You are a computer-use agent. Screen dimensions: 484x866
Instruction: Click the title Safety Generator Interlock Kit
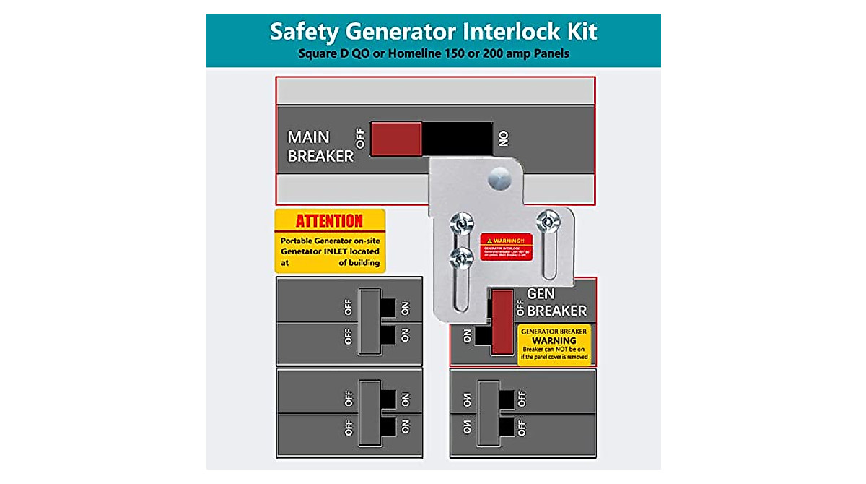point(433,33)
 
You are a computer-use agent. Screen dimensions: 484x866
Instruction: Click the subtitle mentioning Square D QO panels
point(433,54)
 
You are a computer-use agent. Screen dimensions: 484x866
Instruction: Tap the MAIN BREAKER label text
point(320,147)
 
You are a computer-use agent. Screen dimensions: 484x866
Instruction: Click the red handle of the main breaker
point(396,138)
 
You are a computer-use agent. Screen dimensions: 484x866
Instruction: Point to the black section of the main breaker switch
point(457,137)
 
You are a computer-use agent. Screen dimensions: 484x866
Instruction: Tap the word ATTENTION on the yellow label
point(329,221)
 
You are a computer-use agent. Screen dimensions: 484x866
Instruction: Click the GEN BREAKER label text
point(556,303)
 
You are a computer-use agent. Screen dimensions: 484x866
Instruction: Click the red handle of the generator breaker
point(502,318)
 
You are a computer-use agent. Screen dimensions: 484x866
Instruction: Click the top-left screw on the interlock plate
point(460,224)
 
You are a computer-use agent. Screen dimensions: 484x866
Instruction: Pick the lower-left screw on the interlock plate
point(460,255)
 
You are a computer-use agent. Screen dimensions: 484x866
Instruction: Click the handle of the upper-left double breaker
point(369,321)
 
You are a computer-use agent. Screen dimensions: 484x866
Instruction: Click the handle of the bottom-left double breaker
point(369,412)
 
